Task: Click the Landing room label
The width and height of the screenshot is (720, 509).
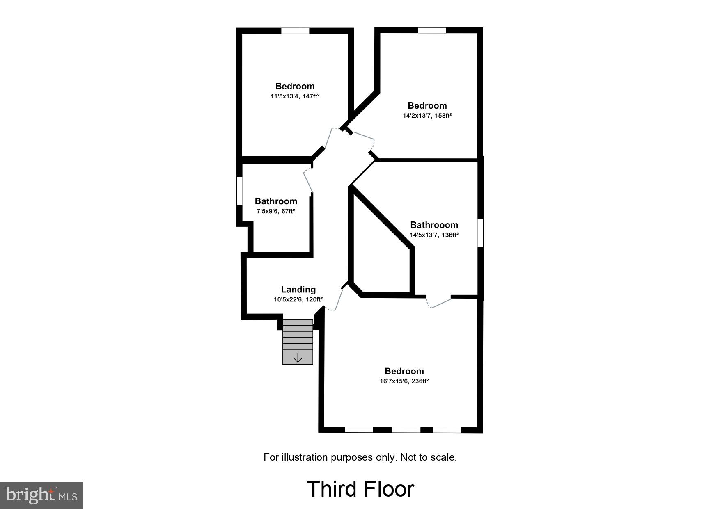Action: [x=298, y=290]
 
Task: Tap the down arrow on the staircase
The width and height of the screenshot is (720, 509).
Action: [x=298, y=358]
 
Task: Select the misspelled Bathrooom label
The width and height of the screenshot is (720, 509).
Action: [x=434, y=225]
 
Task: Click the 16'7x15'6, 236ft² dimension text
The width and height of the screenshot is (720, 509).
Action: [x=404, y=381]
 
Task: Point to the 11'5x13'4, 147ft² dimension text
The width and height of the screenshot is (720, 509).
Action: [x=295, y=96]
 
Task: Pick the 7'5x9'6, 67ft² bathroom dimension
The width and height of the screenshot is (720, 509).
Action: [x=275, y=211]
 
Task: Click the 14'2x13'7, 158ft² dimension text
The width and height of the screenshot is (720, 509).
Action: [x=427, y=116]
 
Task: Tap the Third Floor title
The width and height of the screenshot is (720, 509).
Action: [x=360, y=489]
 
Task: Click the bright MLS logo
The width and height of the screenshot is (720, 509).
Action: [x=41, y=495]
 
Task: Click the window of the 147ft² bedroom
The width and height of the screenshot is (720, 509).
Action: [x=295, y=31]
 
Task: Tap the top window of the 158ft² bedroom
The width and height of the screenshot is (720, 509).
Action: [x=432, y=30]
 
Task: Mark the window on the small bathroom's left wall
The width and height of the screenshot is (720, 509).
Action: [x=239, y=190]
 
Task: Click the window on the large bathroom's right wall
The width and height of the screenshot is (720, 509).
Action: [x=480, y=233]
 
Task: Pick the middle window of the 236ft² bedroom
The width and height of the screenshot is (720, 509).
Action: [x=406, y=429]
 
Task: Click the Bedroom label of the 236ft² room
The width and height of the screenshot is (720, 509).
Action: [x=404, y=371]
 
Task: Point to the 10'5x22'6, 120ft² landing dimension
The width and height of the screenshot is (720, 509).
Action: [x=298, y=299]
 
